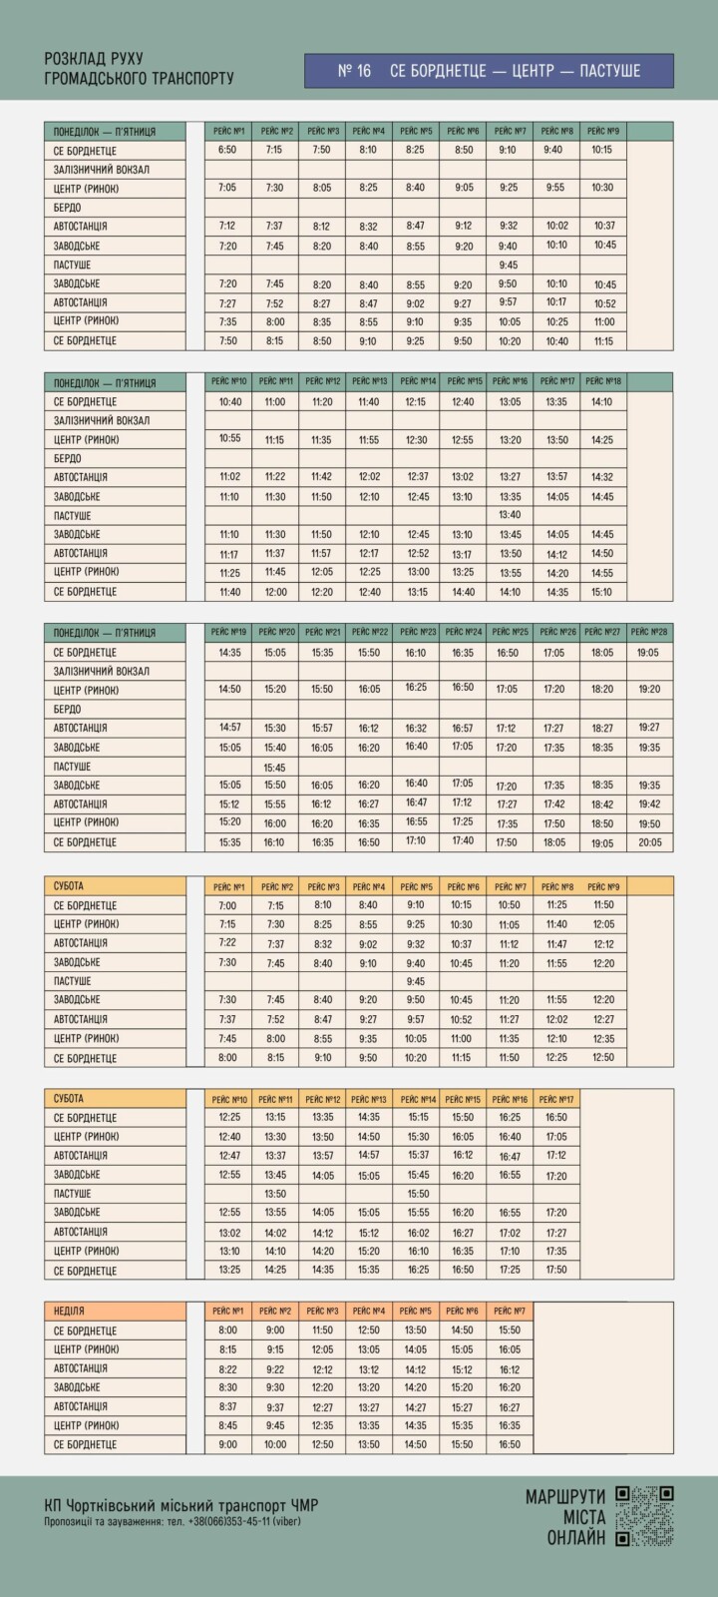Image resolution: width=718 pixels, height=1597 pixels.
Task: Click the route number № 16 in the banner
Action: tap(354, 71)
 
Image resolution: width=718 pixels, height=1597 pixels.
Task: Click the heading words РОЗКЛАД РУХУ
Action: tap(94, 60)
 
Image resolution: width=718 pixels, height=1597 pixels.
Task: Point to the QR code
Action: tap(644, 1515)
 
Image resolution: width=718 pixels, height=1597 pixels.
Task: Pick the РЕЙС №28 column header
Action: tap(649, 632)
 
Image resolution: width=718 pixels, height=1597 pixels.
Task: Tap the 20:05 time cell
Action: tap(649, 842)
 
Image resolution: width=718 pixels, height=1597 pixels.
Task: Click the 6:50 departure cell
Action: tap(227, 150)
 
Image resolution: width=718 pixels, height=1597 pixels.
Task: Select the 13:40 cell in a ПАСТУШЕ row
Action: tap(510, 515)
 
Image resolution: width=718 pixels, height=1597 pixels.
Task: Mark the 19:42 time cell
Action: tap(649, 804)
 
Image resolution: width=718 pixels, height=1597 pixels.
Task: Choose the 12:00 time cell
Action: tap(275, 592)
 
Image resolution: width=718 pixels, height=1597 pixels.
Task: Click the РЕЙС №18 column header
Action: tap(602, 381)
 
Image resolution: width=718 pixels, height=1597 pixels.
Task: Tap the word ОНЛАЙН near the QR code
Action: tap(576, 1538)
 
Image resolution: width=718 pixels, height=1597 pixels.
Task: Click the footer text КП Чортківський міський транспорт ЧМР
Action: tap(181, 1505)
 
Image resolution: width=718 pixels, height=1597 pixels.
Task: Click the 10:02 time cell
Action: tap(556, 227)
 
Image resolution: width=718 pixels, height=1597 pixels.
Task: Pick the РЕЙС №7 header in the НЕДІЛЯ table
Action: tap(510, 1311)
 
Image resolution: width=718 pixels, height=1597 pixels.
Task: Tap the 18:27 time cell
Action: tap(602, 729)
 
